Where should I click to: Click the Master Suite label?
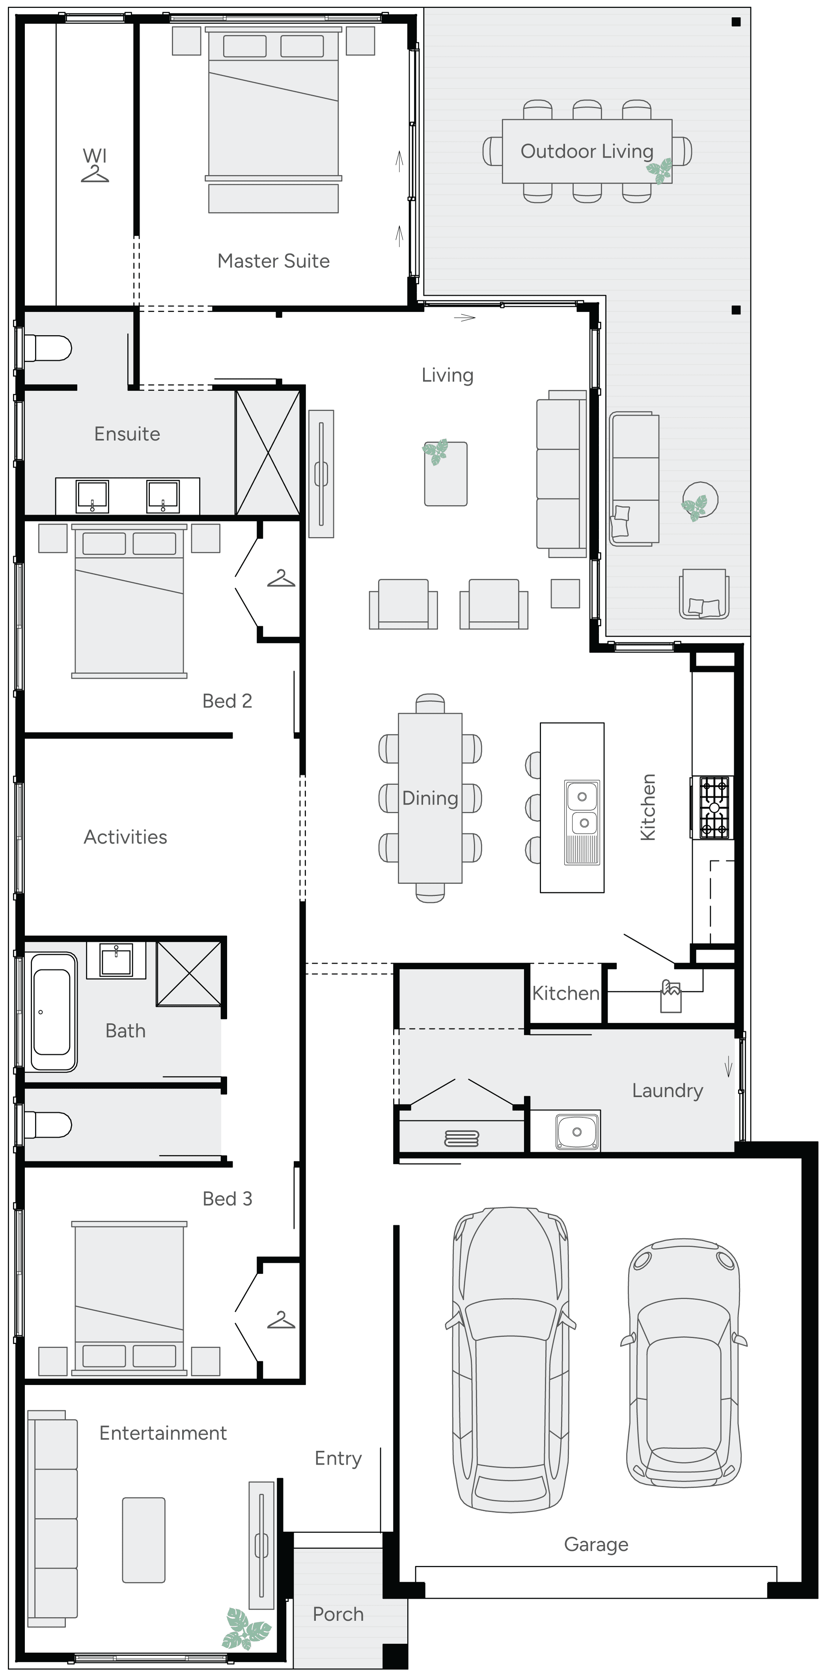point(273,261)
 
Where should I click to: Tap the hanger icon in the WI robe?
point(95,174)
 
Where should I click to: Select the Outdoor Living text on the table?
point(587,152)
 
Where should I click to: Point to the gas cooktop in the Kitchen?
point(714,807)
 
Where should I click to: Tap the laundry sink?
point(577,1132)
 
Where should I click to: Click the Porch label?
point(338,1614)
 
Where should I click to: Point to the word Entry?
point(338,1459)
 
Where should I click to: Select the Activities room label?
point(125,837)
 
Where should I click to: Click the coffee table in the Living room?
point(446,474)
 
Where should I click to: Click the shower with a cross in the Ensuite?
point(267,453)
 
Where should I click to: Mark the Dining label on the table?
point(430,798)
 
